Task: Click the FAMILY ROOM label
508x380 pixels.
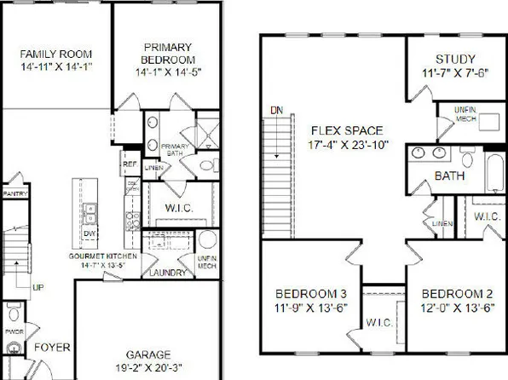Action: pyautogui.click(x=56, y=54)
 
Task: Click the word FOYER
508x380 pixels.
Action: pyautogui.click(x=51, y=348)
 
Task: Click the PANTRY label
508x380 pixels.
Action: pyautogui.click(x=14, y=194)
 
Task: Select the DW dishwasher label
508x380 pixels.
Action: pyautogui.click(x=89, y=232)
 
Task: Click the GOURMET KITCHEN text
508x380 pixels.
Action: pyautogui.click(x=100, y=256)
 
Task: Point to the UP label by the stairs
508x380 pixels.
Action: pyautogui.click(x=38, y=287)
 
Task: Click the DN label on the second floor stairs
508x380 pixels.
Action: pyautogui.click(x=275, y=110)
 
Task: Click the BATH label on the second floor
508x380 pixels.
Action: pyautogui.click(x=449, y=176)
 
